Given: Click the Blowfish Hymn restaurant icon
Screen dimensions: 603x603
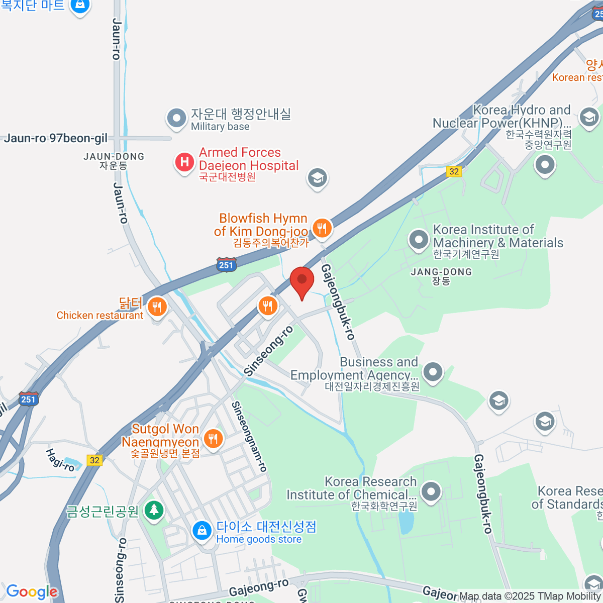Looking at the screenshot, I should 322,228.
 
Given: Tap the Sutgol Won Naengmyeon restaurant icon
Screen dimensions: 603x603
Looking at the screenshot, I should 214,439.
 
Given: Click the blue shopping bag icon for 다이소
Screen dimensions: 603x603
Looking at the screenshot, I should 202,531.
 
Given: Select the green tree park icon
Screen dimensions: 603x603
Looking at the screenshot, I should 154,511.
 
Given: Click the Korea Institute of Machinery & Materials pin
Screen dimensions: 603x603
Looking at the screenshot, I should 419,240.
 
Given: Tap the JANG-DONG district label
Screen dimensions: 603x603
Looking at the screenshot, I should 441,272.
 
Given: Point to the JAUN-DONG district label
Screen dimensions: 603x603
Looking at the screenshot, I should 114,157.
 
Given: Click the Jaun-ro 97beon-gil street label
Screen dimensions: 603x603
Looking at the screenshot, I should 55,138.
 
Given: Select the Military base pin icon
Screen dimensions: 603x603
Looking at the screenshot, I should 176,118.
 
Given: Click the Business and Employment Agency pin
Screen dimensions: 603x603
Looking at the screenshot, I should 433,372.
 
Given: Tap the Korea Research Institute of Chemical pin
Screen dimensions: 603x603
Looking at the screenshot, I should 431,491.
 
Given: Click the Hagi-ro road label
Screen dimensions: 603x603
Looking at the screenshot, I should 60,460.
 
